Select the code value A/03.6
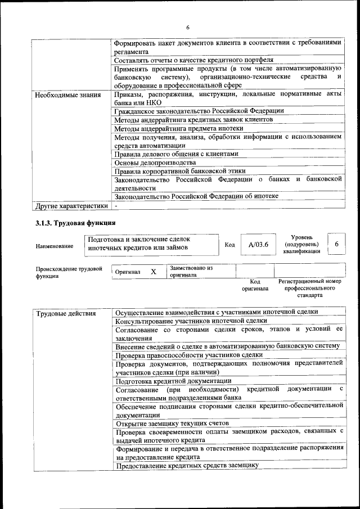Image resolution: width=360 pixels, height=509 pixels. [259, 244]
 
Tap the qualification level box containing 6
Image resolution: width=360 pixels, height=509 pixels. [336, 244]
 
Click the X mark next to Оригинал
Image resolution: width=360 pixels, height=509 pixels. [153, 272]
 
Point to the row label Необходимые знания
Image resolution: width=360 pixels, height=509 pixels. [67, 94]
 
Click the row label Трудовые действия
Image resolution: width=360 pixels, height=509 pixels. [66, 313]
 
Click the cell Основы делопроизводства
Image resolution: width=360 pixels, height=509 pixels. [151, 162]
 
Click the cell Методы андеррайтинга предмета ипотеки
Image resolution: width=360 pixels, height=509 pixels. [178, 128]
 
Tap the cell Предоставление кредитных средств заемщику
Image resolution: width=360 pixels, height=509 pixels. [187, 465]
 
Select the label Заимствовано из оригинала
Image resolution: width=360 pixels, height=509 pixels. [191, 272]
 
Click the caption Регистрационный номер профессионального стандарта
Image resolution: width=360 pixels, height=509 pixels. [310, 287]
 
